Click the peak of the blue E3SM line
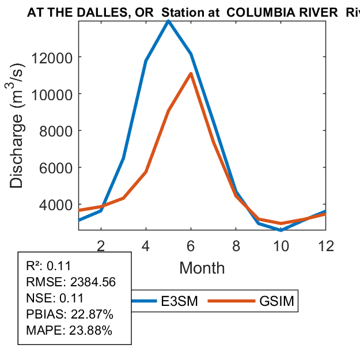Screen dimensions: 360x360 (168, 21)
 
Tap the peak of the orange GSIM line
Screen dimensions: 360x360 (191, 73)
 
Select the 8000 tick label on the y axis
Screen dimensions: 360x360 (56, 131)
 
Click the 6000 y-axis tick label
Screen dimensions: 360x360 (56, 168)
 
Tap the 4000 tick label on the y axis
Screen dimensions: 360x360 (56, 204)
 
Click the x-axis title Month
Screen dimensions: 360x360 (202, 267)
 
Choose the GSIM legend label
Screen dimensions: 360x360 (276, 301)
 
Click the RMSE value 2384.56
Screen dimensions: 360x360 (92, 282)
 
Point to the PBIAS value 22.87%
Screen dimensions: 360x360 (92, 314)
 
